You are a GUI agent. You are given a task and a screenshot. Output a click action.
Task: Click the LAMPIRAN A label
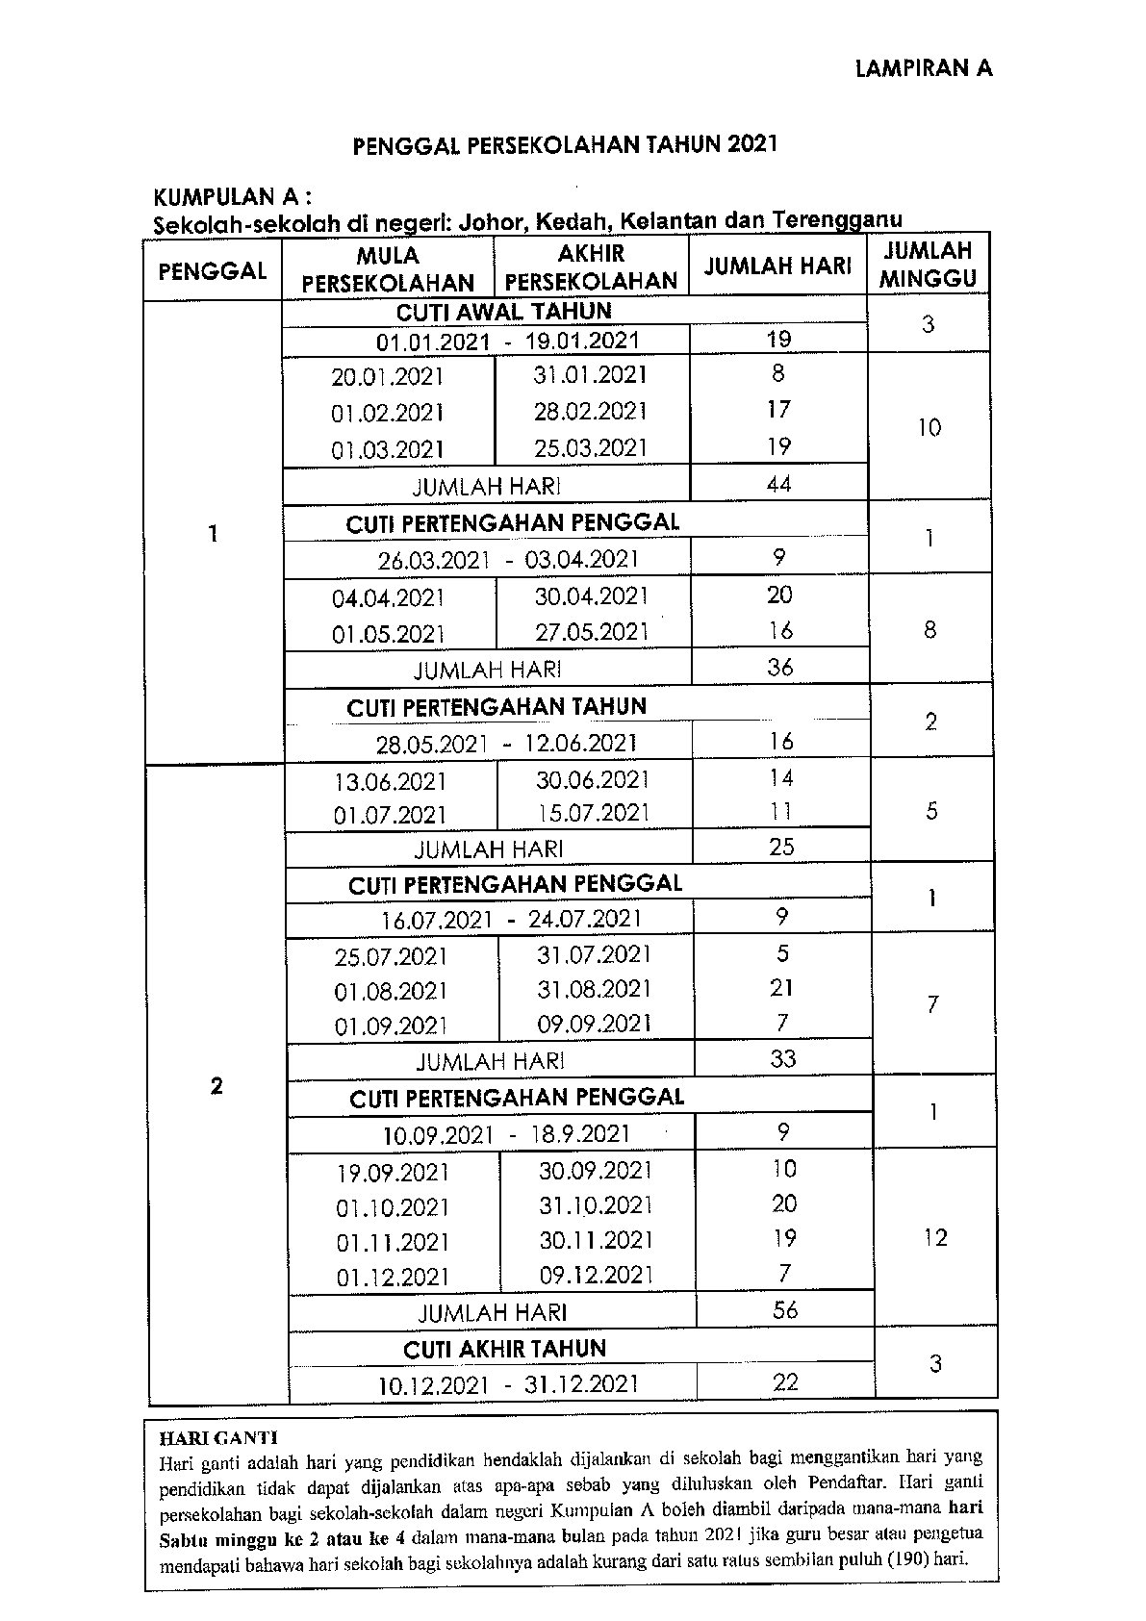tap(923, 68)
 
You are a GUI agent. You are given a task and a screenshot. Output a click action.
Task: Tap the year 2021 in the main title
tap(751, 145)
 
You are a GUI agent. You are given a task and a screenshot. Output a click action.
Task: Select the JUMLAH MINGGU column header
tap(928, 266)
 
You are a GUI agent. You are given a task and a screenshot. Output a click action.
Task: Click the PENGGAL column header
tap(213, 270)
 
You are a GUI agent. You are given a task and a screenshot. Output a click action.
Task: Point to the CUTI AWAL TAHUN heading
tap(503, 312)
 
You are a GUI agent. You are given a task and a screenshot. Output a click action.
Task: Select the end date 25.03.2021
tap(591, 448)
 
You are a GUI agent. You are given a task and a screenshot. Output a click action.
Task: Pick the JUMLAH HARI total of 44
tap(778, 484)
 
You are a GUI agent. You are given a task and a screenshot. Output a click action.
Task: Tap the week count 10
tap(929, 427)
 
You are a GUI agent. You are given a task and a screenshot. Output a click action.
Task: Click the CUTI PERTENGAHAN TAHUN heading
tap(497, 707)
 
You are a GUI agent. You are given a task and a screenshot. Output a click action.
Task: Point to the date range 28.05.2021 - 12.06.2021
tap(506, 744)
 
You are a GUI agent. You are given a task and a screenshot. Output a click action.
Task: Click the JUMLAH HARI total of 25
tap(781, 847)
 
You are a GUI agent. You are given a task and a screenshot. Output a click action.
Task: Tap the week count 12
tap(934, 1237)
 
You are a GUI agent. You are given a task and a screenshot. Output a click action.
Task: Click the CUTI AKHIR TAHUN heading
tap(504, 1349)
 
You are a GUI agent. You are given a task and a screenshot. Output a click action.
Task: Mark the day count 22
tap(785, 1382)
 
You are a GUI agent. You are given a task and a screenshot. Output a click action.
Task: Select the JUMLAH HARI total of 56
tap(785, 1310)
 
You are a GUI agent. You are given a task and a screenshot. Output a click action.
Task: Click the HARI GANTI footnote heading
tap(217, 1438)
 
